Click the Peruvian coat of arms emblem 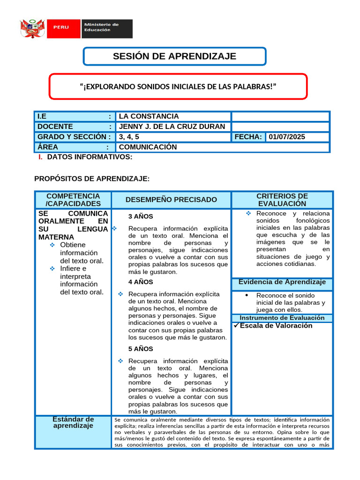click(32, 29)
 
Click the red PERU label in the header click(61, 27)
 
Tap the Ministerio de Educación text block click(101, 27)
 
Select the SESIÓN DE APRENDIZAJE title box click(174, 57)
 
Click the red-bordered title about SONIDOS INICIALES click(178, 86)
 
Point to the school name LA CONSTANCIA click(149, 116)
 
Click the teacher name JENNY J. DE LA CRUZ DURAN click(172, 127)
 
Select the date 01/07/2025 click(286, 137)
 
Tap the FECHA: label click(248, 137)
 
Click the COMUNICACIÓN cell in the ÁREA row click(148, 147)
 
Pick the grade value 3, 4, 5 click(129, 137)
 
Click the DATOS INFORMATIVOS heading click(90, 157)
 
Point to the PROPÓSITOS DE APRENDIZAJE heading click(92, 179)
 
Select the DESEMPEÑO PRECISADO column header click(171, 200)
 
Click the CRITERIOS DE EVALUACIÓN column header click(282, 200)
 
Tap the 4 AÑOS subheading click(141, 282)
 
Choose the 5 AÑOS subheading click(141, 349)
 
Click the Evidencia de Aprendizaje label click(282, 282)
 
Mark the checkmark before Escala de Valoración click(236, 326)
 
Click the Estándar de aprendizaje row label click(73, 422)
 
